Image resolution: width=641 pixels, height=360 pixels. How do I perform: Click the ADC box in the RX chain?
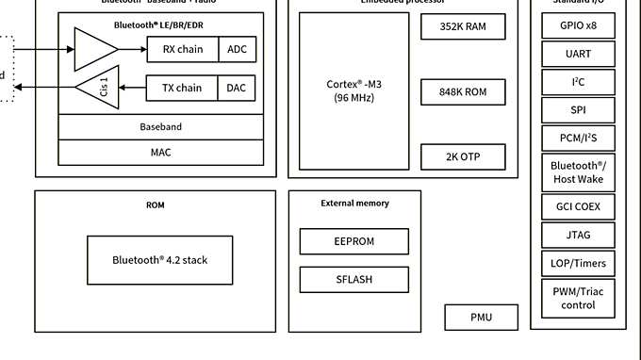click(x=238, y=50)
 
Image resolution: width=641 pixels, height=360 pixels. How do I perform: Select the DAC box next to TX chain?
click(x=238, y=89)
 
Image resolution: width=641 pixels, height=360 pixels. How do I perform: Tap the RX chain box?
click(x=183, y=50)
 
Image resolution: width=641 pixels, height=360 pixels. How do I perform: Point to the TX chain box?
click(x=183, y=89)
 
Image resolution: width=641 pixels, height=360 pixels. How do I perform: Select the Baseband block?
click(x=160, y=126)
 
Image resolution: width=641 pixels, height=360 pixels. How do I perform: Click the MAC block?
click(x=160, y=152)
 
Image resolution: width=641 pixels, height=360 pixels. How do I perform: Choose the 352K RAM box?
click(x=463, y=27)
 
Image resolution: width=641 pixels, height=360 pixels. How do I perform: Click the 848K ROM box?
click(x=463, y=92)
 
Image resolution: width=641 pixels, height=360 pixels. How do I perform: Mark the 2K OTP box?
click(x=463, y=156)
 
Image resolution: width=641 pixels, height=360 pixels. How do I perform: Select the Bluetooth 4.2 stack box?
click(x=159, y=260)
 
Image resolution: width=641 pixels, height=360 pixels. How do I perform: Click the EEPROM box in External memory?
click(x=354, y=241)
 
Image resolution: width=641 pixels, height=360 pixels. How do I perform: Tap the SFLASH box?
click(x=354, y=280)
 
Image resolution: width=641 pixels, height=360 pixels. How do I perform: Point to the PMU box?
click(x=482, y=318)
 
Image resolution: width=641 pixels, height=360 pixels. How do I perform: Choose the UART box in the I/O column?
click(x=579, y=54)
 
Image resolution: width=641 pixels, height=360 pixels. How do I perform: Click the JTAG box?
click(x=579, y=234)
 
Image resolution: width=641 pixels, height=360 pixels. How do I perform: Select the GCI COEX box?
click(x=579, y=206)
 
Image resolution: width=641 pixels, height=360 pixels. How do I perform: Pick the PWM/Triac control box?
click(x=579, y=299)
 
